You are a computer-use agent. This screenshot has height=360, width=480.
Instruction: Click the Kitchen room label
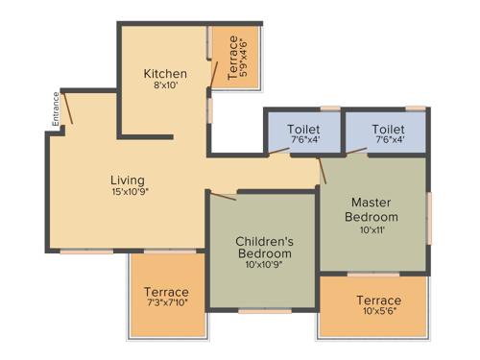pos(165,74)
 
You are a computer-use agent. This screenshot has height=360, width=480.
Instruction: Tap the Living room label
pos(127,180)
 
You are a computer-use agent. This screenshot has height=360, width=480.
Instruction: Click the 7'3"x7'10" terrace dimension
pos(167,304)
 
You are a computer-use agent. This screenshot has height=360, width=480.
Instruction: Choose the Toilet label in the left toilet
pos(304,129)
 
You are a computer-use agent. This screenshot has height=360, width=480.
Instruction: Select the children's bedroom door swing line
pos(223,196)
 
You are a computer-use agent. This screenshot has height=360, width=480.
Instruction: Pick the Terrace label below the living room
pos(167,292)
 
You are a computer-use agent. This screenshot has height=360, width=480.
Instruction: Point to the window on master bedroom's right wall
pos(429,215)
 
